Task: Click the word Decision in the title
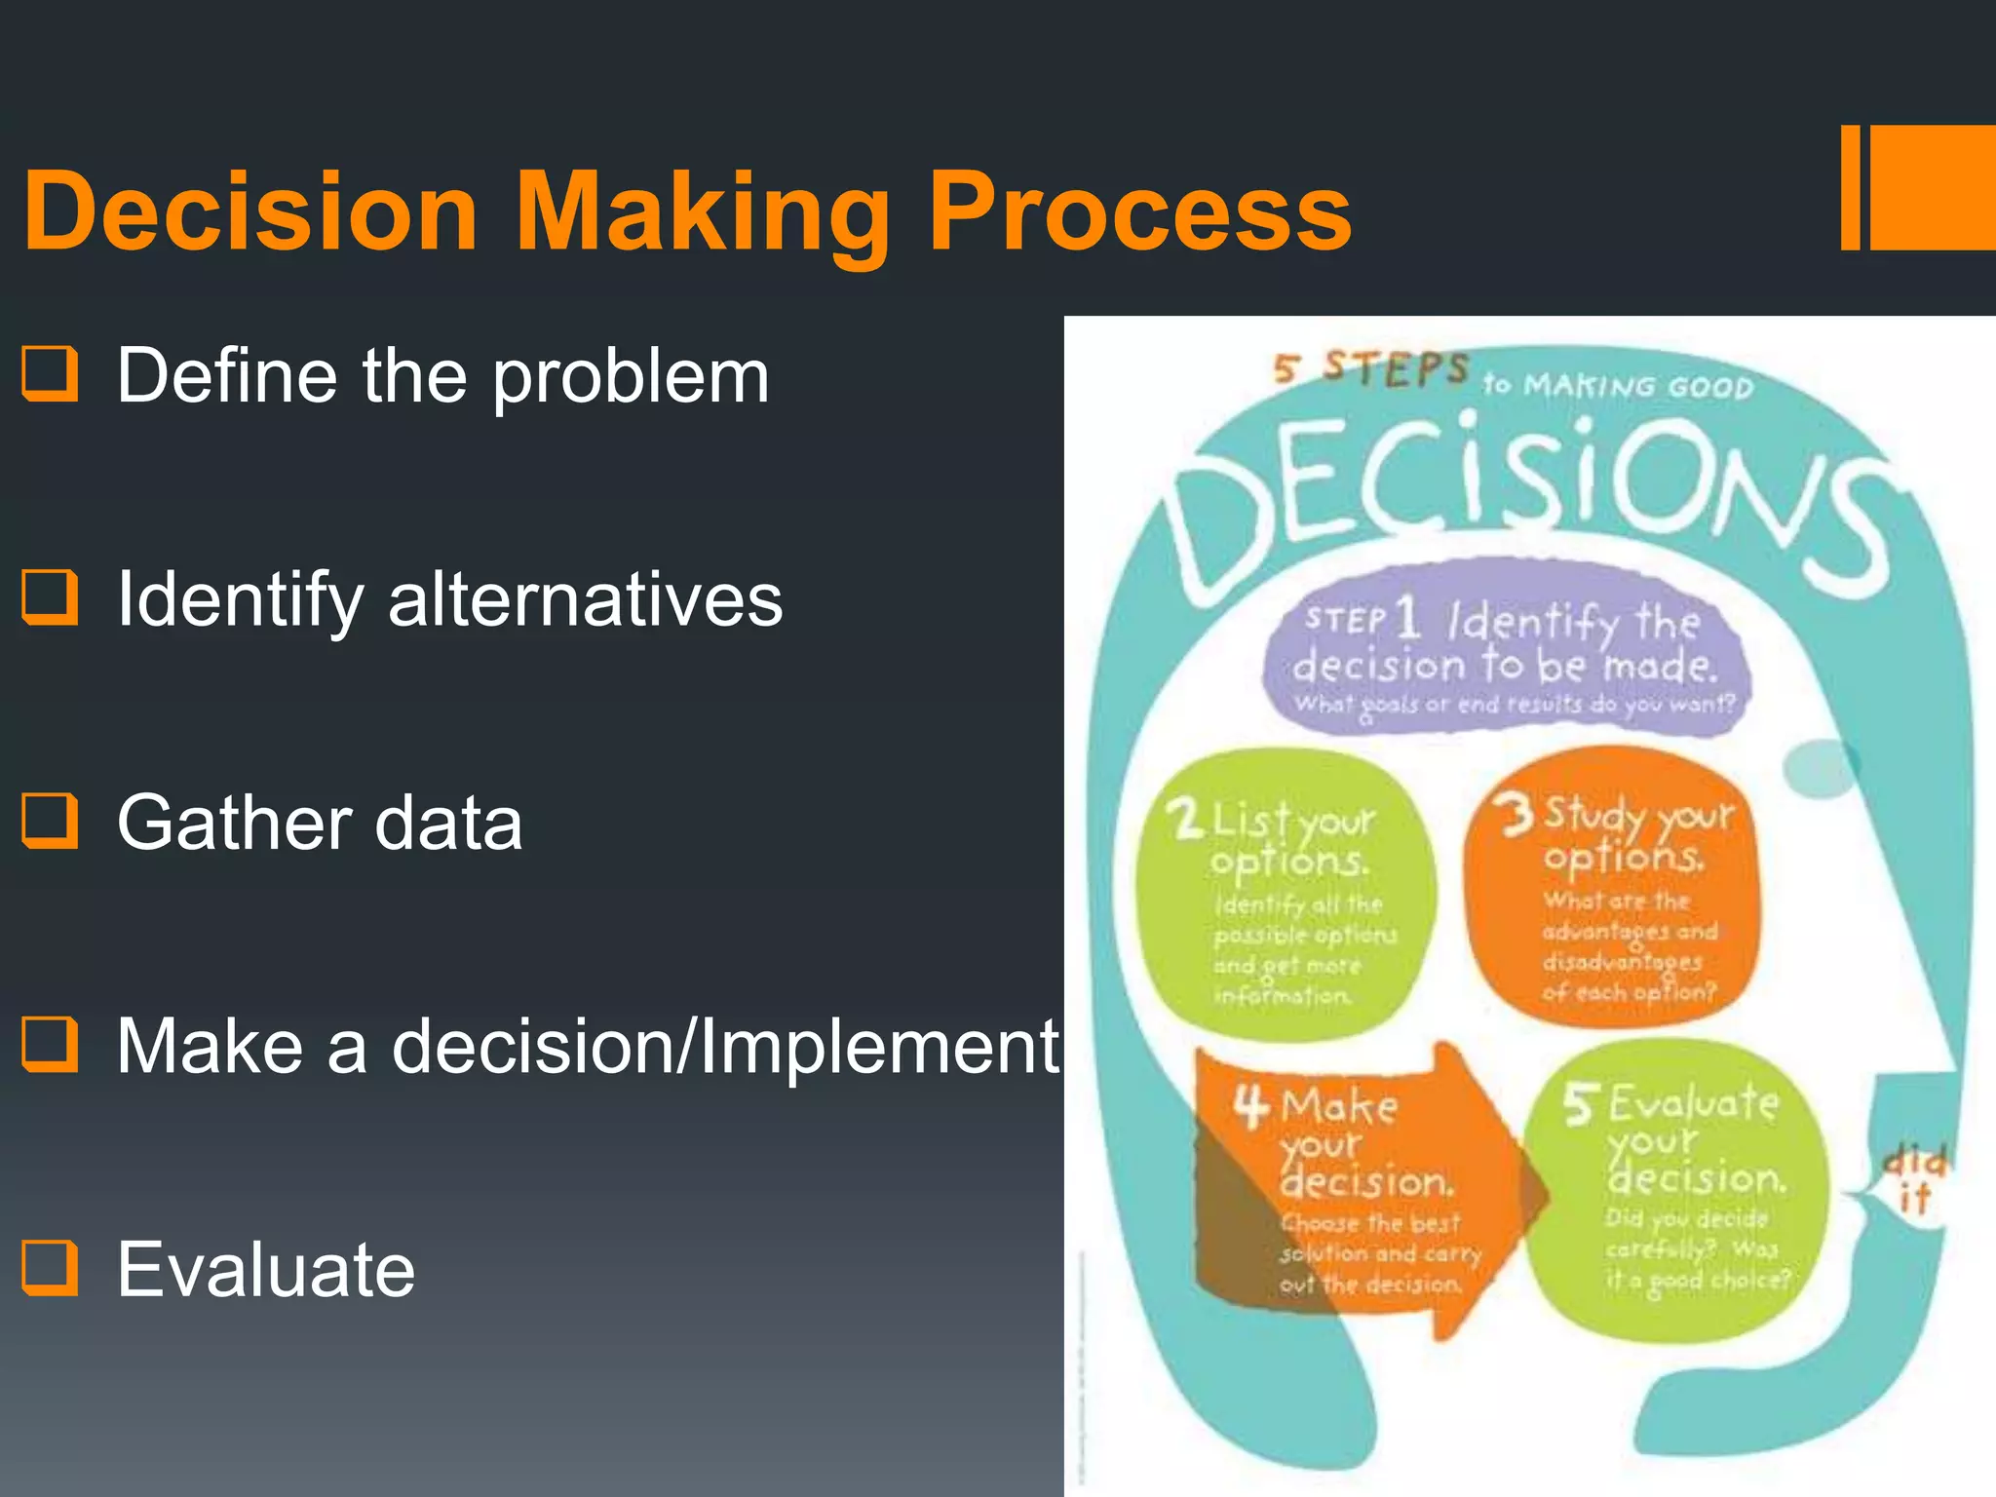[x=251, y=211]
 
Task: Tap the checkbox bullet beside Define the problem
[x=50, y=374]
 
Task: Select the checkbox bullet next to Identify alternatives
[x=50, y=597]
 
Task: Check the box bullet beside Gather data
[x=50, y=821]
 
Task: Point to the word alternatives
[x=585, y=599]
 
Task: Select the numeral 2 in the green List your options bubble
[x=1185, y=819]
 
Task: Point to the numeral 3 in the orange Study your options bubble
[x=1516, y=815]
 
